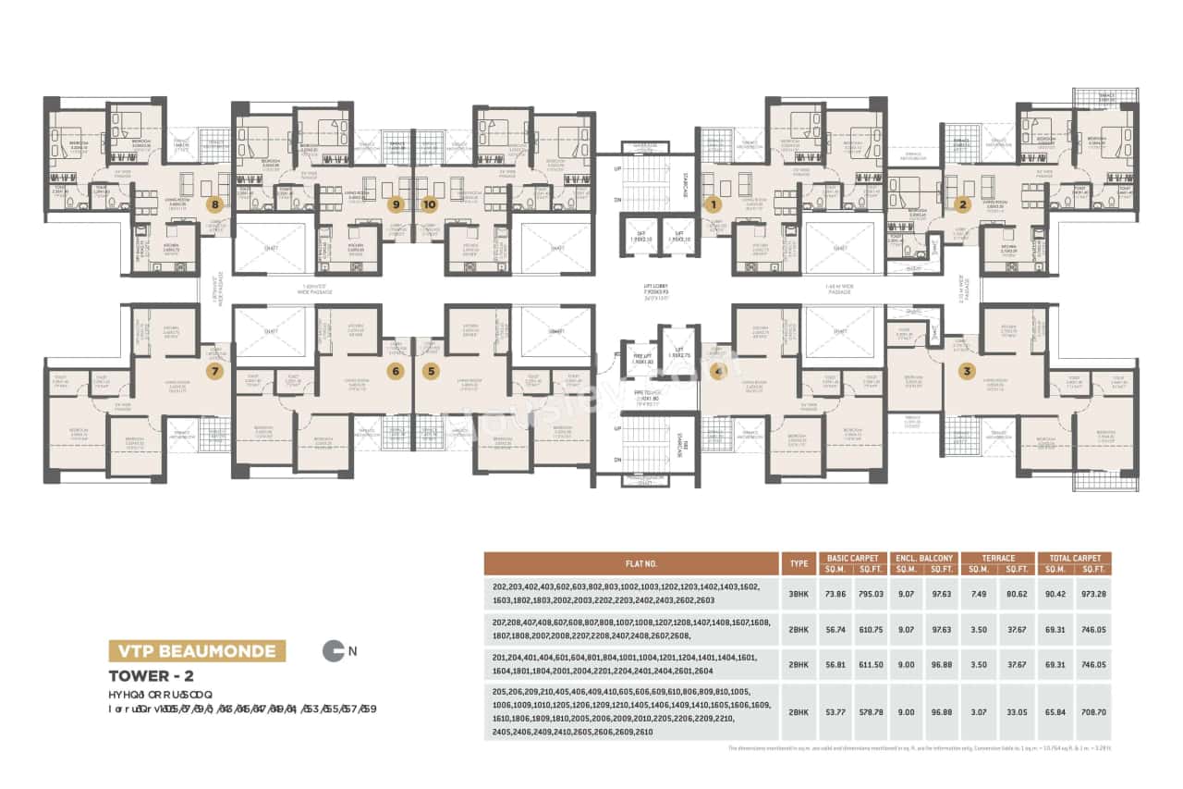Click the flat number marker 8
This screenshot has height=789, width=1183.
pyautogui.click(x=216, y=203)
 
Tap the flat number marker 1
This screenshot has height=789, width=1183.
pyautogui.click(x=713, y=203)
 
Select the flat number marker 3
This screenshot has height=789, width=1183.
pyautogui.click(x=967, y=372)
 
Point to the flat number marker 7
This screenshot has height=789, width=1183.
pyautogui.click(x=215, y=372)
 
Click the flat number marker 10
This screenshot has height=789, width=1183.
pyautogui.click(x=429, y=203)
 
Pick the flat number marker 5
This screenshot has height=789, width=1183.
pyautogui.click(x=430, y=372)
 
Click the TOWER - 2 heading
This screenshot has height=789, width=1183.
pyautogui.click(x=151, y=676)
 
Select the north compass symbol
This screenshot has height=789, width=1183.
pyautogui.click(x=333, y=651)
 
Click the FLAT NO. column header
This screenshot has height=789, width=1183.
pyautogui.click(x=631, y=563)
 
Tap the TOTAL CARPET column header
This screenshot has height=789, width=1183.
pyautogui.click(x=1074, y=558)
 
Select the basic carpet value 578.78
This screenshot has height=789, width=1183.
pyautogui.click(x=871, y=713)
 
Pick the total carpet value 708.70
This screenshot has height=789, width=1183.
pyautogui.click(x=1092, y=713)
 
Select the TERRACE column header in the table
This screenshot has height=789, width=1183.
pyautogui.click(x=998, y=558)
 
